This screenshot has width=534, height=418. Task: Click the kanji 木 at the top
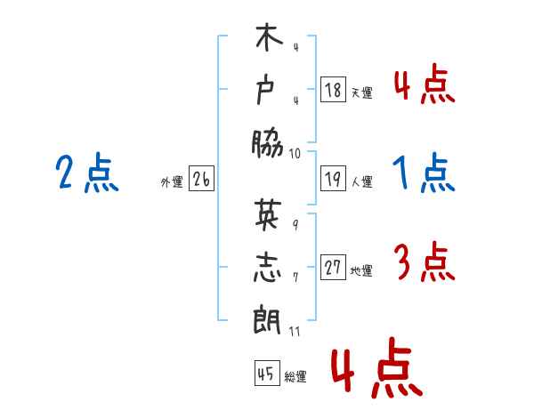pyautogui.click(x=269, y=36)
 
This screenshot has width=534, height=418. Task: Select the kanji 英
pyautogui.click(x=269, y=213)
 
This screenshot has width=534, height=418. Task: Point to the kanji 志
pyautogui.click(x=268, y=267)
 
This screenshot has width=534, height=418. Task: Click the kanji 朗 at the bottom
pyautogui.click(x=267, y=319)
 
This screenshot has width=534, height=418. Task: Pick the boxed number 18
pyautogui.click(x=333, y=89)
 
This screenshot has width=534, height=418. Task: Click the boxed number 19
pyautogui.click(x=333, y=179)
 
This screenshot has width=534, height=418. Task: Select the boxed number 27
pyautogui.click(x=333, y=267)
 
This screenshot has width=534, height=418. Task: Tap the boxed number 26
pyautogui.click(x=201, y=179)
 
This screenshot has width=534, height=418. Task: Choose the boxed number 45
pyautogui.click(x=267, y=373)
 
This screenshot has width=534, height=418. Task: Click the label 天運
pyautogui.click(x=362, y=92)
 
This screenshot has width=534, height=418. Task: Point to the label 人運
pyautogui.click(x=362, y=181)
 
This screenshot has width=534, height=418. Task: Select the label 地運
pyautogui.click(x=361, y=271)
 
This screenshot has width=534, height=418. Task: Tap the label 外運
pyautogui.click(x=172, y=182)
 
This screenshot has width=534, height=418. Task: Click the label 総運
pyautogui.click(x=295, y=376)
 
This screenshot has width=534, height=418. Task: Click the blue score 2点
pyautogui.click(x=87, y=173)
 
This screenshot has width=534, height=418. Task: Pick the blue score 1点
pyautogui.click(x=424, y=173)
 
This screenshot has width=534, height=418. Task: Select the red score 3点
pyautogui.click(x=425, y=261)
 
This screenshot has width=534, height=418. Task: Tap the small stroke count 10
pyautogui.click(x=295, y=154)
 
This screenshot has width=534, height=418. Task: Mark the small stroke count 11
pyautogui.click(x=295, y=331)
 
